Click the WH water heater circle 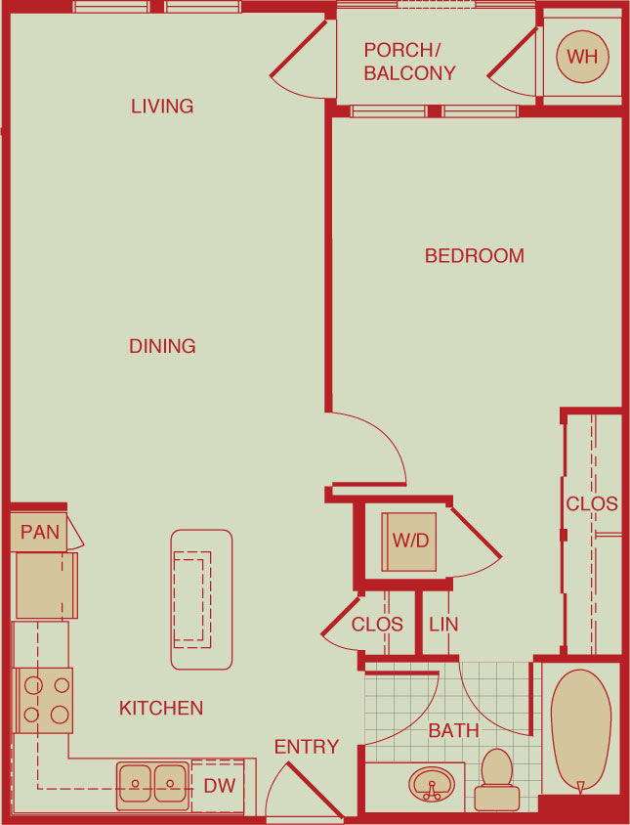coord(582,57)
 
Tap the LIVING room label coord(162,107)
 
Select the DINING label coord(162,346)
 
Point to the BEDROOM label coord(475,256)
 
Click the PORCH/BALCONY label coord(409,61)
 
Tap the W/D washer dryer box coord(409,542)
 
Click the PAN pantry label coord(39,532)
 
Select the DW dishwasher coord(218,786)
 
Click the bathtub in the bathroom coord(580,731)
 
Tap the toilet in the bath coord(496,780)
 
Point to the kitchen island coord(201,599)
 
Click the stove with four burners coord(44,700)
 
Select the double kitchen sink coord(152,786)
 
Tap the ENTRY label coord(307,747)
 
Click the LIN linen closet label coord(443,625)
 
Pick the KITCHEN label coord(161,709)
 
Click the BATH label coord(453,730)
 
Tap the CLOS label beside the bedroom coord(592,504)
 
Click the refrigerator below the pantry coord(46,586)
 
